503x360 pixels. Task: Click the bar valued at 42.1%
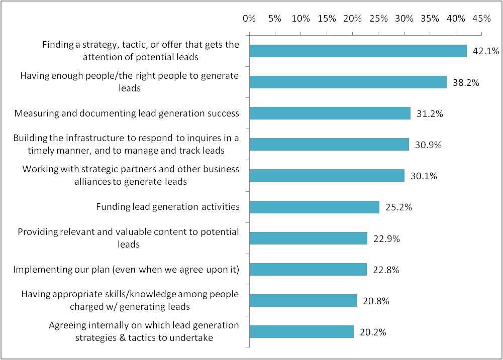(358, 51)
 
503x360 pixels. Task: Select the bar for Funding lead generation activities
(314, 207)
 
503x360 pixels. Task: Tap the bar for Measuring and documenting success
(330, 113)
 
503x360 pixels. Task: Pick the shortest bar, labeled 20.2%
(301, 332)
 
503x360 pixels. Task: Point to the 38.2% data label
(466, 82)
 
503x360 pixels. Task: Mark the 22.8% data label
(386, 270)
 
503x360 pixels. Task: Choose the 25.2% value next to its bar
(398, 207)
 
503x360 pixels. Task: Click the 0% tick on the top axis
(249, 19)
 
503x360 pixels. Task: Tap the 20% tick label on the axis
(353, 19)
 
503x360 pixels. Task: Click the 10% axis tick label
(300, 19)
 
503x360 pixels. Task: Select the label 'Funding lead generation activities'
(167, 207)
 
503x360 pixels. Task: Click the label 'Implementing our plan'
(126, 270)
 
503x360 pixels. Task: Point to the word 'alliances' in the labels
(92, 181)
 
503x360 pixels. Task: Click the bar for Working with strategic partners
(327, 176)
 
